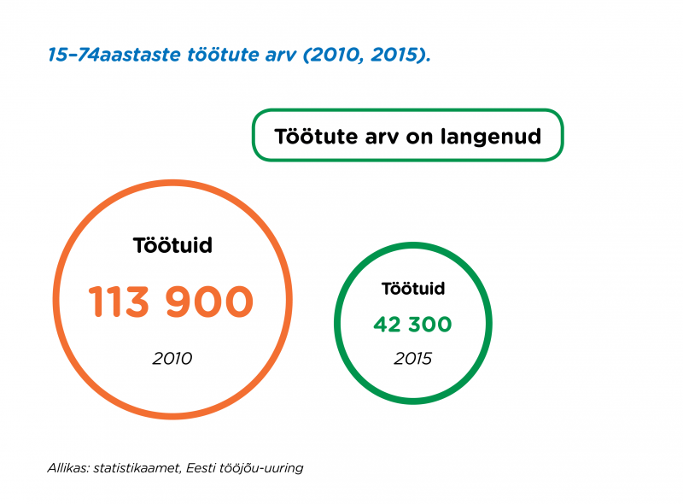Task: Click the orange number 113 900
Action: (x=171, y=302)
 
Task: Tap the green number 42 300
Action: (x=412, y=325)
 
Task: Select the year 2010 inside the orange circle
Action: (x=172, y=359)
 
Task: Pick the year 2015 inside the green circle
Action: (x=412, y=359)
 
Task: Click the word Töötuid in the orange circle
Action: (x=172, y=245)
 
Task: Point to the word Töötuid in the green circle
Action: (x=413, y=288)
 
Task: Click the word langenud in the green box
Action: (x=490, y=137)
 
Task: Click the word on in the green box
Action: (x=419, y=138)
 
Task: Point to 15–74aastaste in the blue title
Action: (x=114, y=55)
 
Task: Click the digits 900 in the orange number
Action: (x=209, y=302)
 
